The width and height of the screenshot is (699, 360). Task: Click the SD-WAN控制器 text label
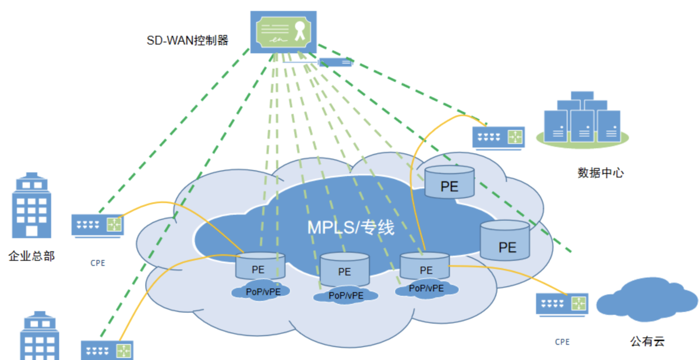click(x=188, y=40)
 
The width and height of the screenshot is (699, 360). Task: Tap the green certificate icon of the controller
click(x=283, y=32)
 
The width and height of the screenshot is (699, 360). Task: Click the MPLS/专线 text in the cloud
click(x=351, y=227)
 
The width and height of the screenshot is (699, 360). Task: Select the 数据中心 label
click(x=601, y=173)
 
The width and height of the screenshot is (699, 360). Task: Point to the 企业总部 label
click(x=31, y=256)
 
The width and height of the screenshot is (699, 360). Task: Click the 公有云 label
click(x=648, y=341)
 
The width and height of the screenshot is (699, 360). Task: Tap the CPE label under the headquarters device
click(x=98, y=263)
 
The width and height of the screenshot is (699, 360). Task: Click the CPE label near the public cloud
click(x=562, y=342)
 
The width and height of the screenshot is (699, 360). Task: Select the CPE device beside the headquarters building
click(x=98, y=226)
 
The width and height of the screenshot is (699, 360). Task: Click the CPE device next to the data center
click(x=499, y=138)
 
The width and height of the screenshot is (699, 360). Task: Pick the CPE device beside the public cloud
click(x=562, y=305)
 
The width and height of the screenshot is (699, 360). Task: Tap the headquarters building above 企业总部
click(x=31, y=205)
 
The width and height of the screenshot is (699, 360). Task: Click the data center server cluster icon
click(x=582, y=120)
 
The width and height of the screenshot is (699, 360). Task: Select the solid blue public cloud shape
click(x=647, y=299)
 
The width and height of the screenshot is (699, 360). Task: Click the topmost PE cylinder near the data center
click(x=450, y=182)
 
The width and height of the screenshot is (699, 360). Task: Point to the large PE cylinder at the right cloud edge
click(x=505, y=240)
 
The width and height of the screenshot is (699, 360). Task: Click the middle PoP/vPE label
click(x=346, y=295)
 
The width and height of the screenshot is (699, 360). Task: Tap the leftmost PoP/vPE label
click(x=263, y=292)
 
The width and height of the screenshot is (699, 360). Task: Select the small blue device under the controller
click(x=336, y=62)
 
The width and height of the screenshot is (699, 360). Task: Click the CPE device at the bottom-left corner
click(x=107, y=350)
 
